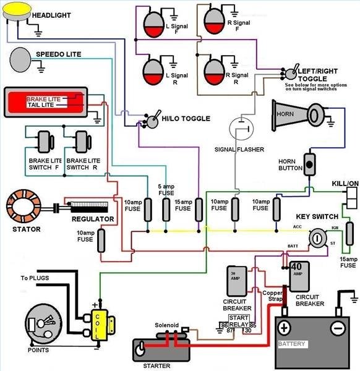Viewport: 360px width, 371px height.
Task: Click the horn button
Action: click(309, 164)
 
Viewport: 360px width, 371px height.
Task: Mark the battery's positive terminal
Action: click(284, 327)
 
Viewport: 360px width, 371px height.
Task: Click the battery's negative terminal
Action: click(337, 327)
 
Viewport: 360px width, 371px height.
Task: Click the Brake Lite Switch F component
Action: click(45, 144)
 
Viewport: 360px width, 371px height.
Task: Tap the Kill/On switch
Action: click(351, 198)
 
